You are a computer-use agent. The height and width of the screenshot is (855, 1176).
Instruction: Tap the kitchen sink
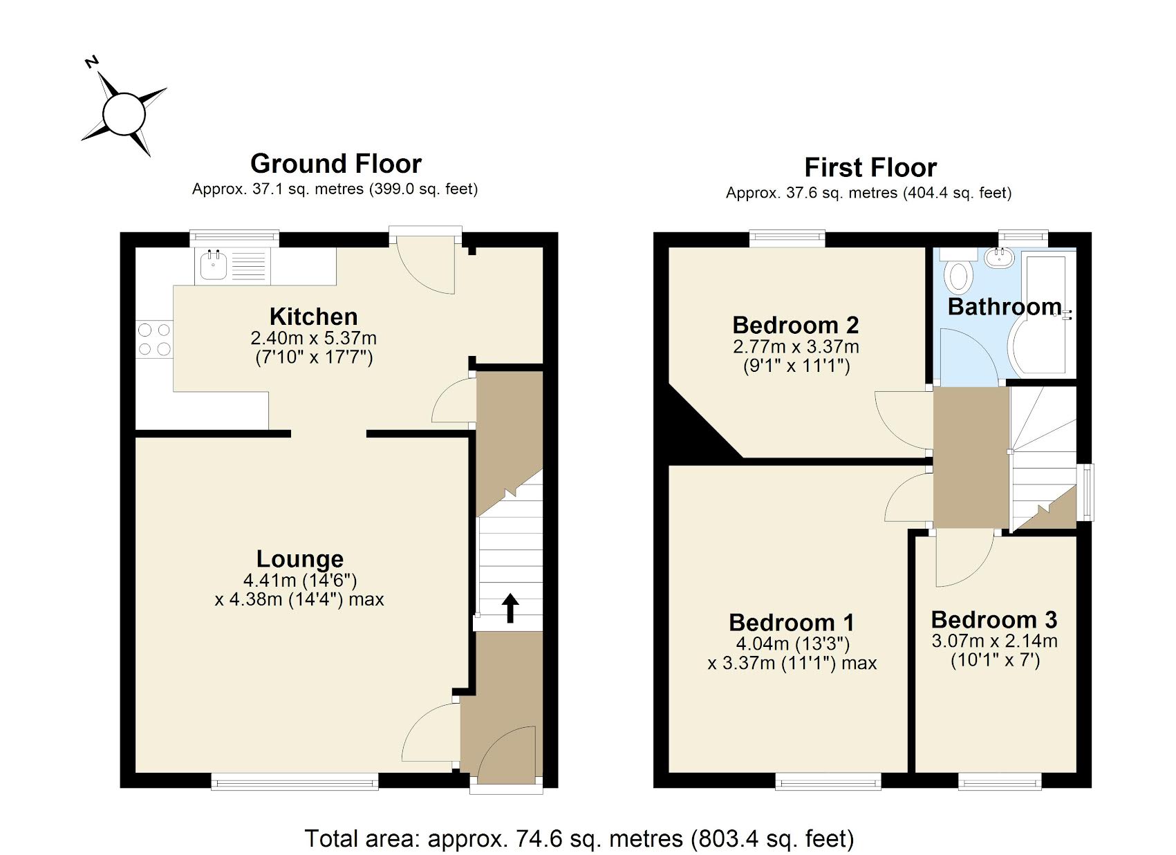point(214,265)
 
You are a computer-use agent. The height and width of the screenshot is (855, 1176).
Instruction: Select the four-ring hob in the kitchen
point(154,339)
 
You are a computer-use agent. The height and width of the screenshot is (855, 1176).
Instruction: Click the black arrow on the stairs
point(510,608)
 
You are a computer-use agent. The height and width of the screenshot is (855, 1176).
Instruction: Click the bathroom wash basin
point(999,259)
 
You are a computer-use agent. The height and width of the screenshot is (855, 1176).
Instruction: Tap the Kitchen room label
point(313,317)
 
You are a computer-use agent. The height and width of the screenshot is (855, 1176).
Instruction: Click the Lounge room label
point(299,558)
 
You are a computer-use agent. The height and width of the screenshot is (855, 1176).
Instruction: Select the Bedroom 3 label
point(993,619)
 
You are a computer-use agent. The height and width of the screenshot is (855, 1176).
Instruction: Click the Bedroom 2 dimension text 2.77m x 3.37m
point(796,346)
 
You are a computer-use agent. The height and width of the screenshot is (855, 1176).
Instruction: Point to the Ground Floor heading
point(335,164)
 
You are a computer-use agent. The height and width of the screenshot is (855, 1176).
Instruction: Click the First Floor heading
point(870,168)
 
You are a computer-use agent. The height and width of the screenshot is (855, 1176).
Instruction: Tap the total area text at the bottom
point(579,838)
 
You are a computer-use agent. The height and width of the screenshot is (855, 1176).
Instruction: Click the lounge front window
point(295,782)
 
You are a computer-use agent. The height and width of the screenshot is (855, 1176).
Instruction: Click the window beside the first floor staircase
point(1088,491)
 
